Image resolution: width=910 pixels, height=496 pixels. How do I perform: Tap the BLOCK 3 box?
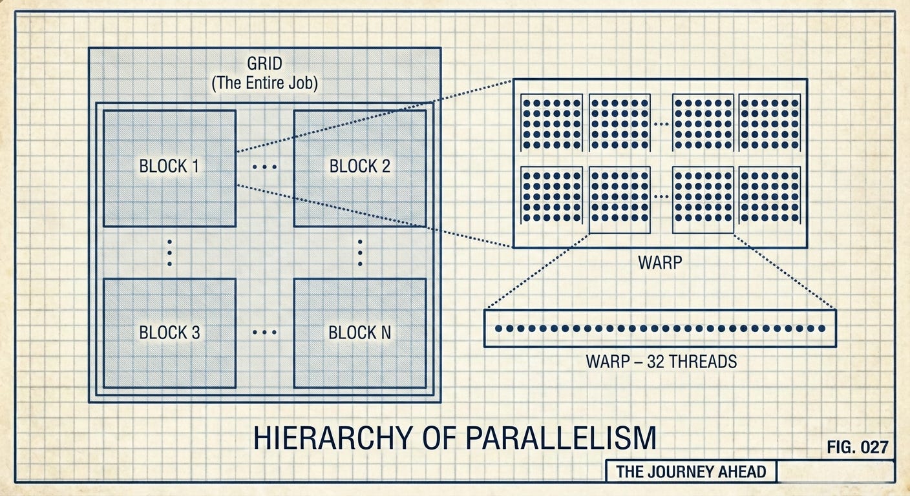pos(169,333)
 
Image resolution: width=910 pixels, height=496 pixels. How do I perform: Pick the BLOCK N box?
pos(359,333)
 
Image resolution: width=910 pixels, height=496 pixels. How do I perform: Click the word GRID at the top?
pos(265,65)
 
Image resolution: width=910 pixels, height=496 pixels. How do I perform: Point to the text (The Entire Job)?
pos(265,83)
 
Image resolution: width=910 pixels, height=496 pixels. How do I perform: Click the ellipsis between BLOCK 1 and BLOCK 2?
pos(264,167)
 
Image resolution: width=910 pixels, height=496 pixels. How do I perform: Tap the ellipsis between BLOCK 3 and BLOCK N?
pos(264,333)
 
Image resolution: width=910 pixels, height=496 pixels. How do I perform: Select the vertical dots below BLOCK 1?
pos(169,253)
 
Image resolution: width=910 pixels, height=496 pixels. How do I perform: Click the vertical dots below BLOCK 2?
pos(359,253)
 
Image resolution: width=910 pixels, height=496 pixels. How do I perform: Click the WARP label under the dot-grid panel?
pos(659,263)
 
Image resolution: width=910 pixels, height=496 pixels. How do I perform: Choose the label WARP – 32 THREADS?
pos(661,361)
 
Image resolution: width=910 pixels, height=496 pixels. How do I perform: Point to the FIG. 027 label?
pos(857,447)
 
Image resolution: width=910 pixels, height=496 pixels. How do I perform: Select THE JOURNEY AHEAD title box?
pos(690,471)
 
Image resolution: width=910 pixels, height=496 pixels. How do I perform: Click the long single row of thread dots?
pos(660,329)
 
